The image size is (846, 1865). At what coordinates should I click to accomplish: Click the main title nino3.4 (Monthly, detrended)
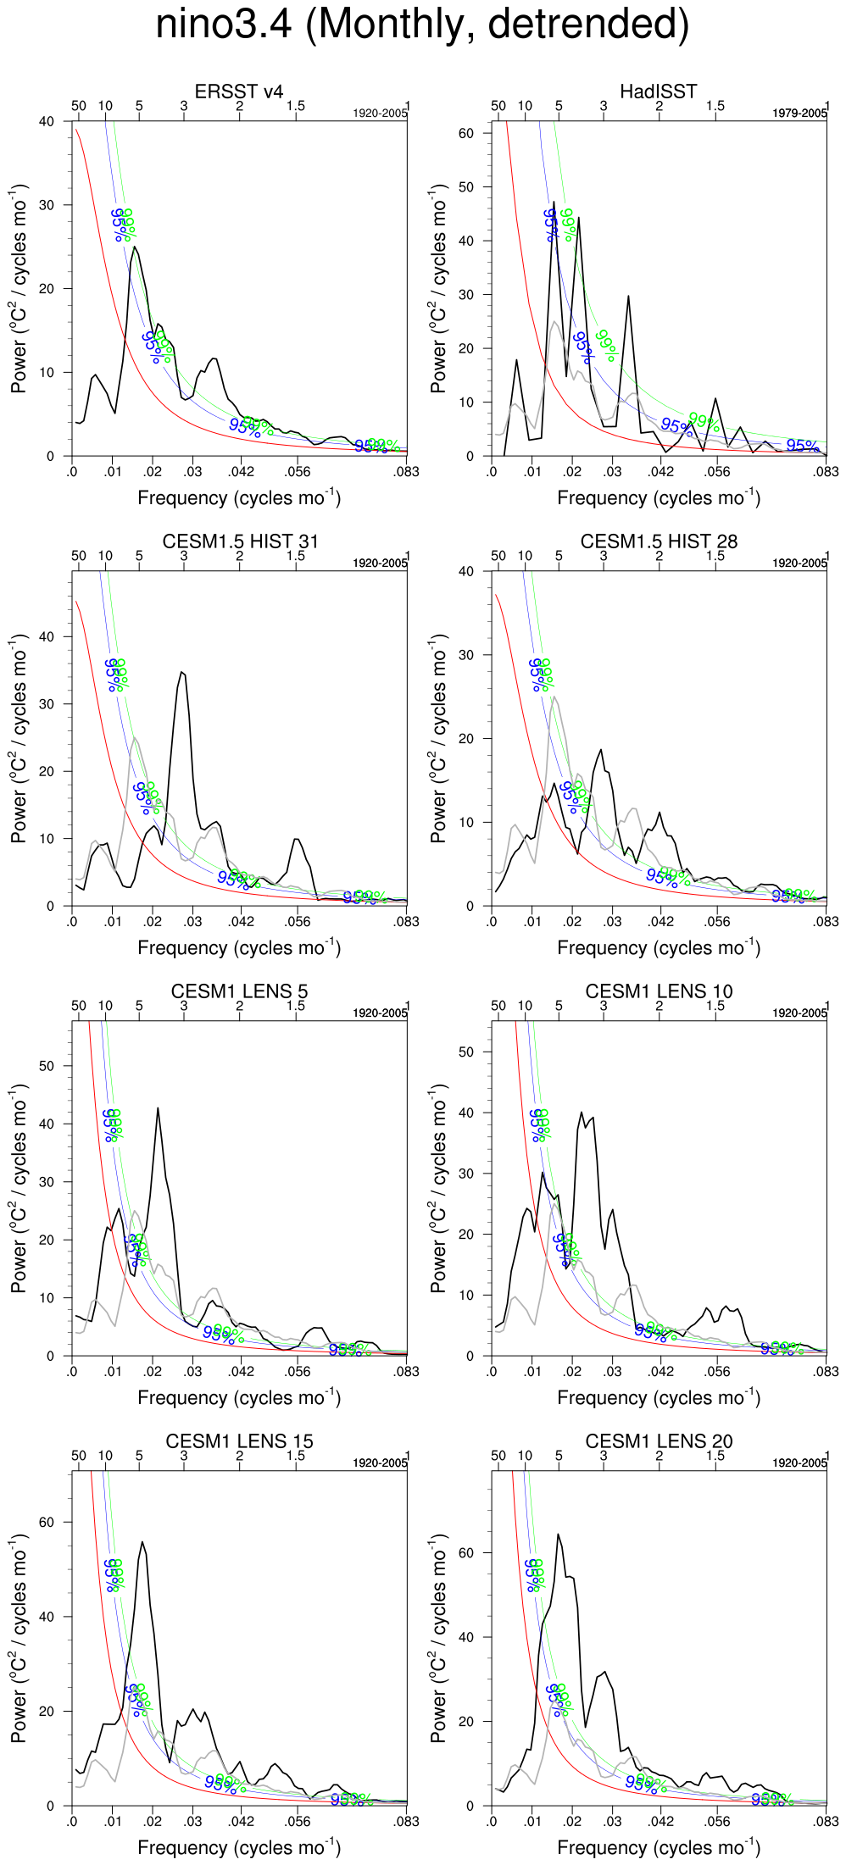422,24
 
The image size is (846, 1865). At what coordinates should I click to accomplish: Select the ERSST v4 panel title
239,92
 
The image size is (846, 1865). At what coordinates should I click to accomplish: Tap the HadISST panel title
658,92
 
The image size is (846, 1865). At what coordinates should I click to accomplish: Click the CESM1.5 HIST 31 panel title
240,541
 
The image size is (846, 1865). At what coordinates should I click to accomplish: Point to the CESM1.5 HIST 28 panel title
659,541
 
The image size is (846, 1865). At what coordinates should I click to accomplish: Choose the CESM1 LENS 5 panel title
239,991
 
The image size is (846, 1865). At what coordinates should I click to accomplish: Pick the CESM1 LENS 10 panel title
659,991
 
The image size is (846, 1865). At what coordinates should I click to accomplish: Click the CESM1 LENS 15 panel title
239,1441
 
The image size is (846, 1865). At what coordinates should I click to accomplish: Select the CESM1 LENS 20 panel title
659,1441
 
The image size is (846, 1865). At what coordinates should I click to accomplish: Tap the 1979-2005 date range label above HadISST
799,114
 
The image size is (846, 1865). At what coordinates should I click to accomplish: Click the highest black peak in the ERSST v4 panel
134,247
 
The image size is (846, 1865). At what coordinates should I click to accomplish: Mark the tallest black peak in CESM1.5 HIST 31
181,672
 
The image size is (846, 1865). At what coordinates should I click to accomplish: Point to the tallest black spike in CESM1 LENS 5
158,1108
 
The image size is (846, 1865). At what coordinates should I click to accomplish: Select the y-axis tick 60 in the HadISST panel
465,133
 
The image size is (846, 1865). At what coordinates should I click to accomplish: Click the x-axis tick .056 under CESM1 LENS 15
297,1821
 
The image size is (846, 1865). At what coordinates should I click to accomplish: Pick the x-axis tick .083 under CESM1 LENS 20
826,1821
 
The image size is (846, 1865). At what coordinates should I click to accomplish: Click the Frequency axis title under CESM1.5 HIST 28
659,947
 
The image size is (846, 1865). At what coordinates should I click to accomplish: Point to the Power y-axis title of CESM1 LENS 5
19,1188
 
